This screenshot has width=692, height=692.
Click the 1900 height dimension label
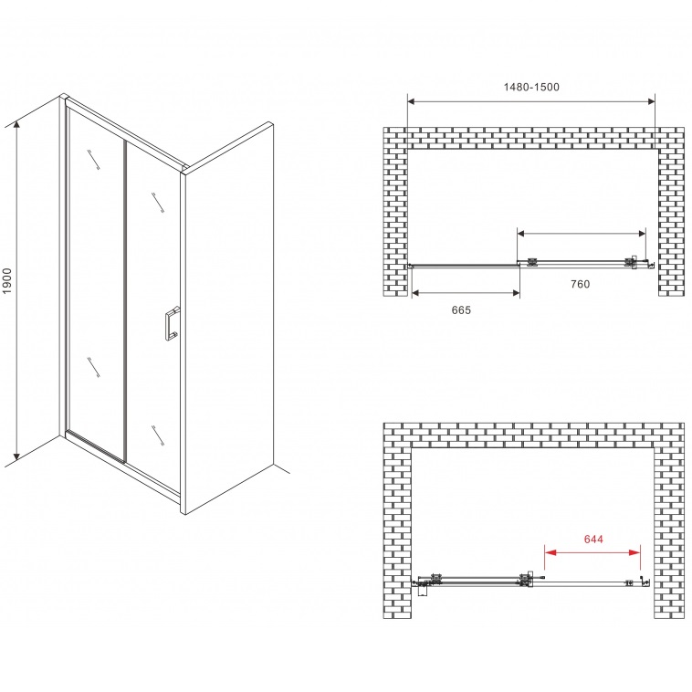click(7, 280)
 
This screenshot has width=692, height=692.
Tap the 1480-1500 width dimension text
click(531, 87)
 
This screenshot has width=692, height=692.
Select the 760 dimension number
click(580, 284)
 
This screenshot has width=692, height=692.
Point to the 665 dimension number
click(461, 310)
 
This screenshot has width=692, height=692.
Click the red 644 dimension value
click(593, 539)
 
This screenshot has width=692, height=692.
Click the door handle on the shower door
click(172, 324)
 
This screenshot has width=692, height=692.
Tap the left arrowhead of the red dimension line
click(550, 552)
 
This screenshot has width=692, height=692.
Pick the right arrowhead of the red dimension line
click(635, 552)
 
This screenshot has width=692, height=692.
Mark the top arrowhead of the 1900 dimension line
click(16, 126)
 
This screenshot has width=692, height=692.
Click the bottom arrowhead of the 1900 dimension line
click(16, 456)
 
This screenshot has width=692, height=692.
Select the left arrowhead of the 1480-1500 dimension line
click(412, 102)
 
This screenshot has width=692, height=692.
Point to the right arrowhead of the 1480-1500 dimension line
click(650, 102)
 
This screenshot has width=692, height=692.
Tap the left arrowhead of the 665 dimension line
click(416, 293)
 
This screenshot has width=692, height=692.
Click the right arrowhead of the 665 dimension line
click(515, 293)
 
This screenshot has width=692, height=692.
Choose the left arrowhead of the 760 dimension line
click(522, 234)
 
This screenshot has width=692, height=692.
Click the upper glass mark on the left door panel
click(93, 160)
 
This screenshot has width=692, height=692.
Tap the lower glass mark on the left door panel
click(93, 367)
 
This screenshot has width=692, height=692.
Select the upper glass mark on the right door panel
click(158, 203)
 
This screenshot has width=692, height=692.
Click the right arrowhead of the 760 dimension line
click(641, 234)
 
